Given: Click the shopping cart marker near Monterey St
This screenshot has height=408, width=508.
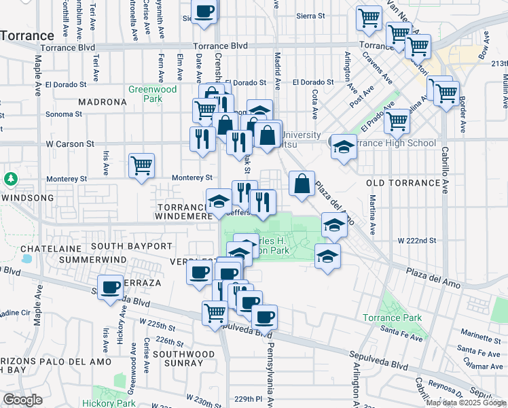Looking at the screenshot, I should pos(141,165).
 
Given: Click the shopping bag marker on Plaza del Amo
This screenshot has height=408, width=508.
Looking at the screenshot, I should pos(302,183).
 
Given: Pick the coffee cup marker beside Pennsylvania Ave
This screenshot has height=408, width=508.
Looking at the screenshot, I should pos(264,316).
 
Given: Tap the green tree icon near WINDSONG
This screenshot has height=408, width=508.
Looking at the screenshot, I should pos(10,180).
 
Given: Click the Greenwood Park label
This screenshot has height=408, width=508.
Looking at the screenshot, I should pos(153,94).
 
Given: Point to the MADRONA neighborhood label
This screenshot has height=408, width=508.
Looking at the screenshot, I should pos(103,102).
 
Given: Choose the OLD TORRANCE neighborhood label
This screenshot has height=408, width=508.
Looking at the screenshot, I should pos(403,184).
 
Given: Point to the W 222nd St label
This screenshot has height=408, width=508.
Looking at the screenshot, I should pos(417,241).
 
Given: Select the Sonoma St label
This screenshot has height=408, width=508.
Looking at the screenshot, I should pos(65,114).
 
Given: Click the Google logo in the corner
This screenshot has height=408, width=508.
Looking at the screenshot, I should pos(22,400).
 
